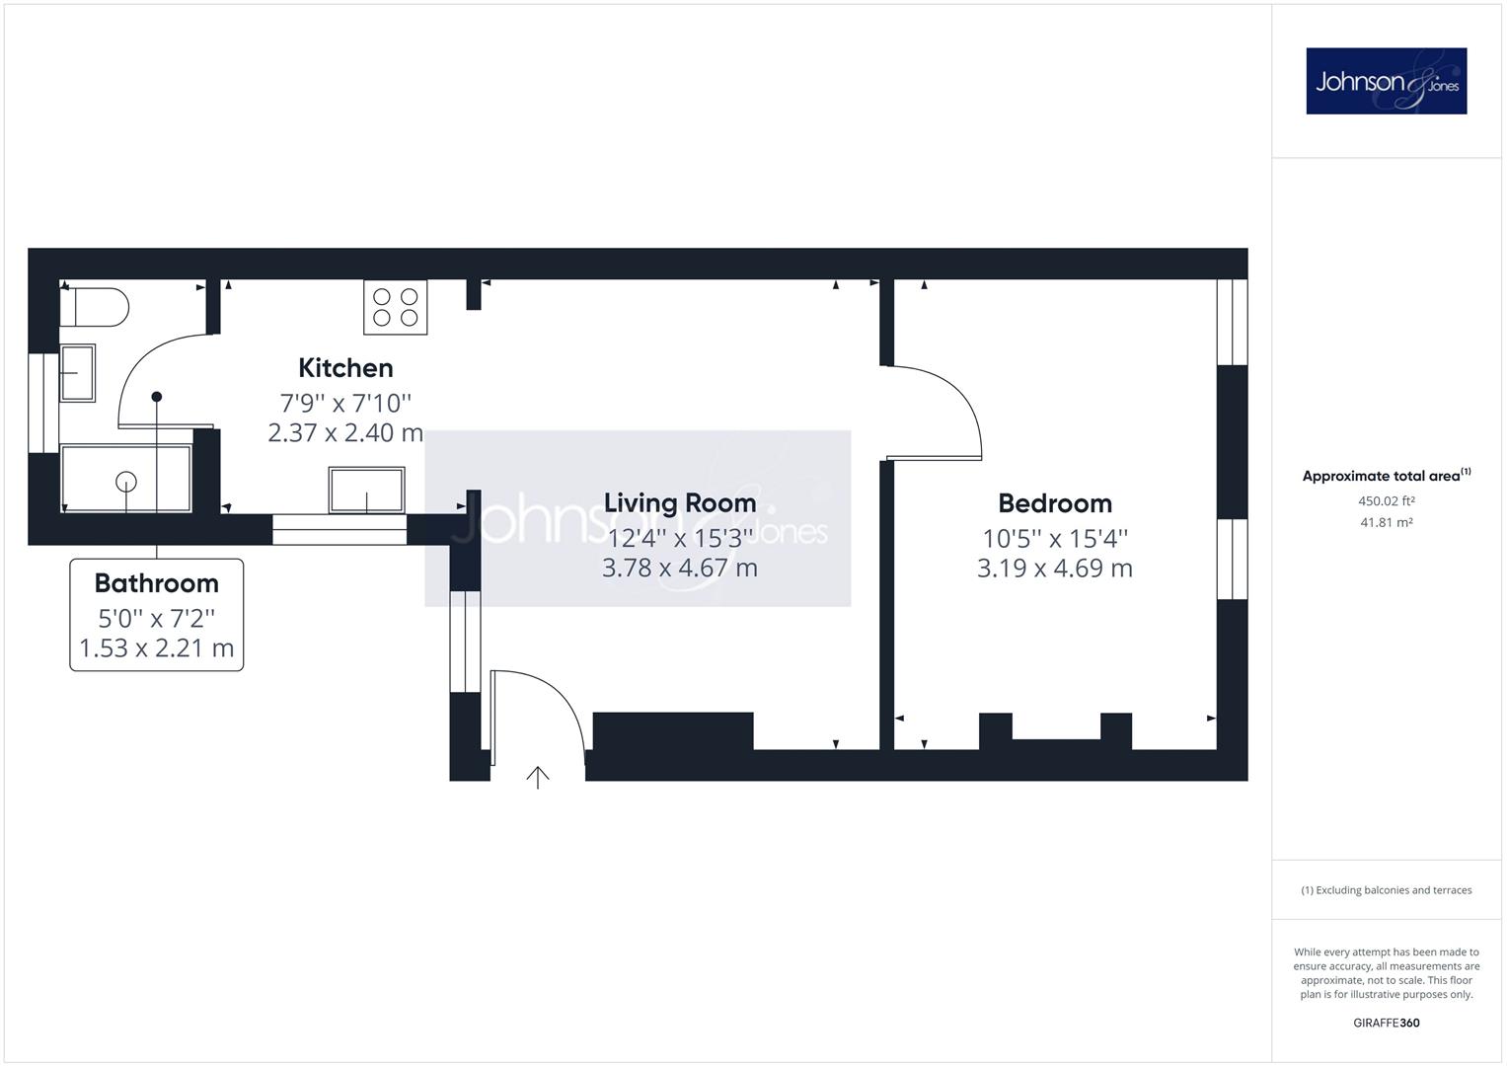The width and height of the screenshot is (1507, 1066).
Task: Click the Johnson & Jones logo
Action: click(1386, 81)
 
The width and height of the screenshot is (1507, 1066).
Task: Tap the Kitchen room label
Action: click(345, 368)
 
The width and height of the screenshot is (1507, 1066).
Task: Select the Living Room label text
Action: click(680, 503)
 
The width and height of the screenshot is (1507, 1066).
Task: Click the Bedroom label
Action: click(1055, 503)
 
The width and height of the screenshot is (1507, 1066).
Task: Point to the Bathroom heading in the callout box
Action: click(157, 583)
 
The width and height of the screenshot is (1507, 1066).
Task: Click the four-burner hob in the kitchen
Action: click(396, 307)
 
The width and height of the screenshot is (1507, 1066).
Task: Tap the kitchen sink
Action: click(367, 490)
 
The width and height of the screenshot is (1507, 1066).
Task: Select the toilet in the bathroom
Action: click(94, 308)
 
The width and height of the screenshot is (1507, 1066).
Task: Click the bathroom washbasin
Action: click(77, 373)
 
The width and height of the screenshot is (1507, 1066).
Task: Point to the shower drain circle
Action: click(126, 482)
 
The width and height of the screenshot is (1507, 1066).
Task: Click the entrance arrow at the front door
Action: click(538, 778)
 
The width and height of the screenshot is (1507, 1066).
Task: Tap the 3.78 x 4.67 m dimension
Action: click(680, 568)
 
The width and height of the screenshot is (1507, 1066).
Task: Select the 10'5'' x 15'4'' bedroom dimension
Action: click(1055, 538)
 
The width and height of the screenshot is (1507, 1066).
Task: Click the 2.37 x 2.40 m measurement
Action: click(345, 432)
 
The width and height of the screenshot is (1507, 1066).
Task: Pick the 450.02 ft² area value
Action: click(1386, 500)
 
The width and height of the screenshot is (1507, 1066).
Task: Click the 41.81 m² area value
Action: click(1386, 522)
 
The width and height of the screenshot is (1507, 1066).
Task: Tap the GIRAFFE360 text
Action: click(1386, 1023)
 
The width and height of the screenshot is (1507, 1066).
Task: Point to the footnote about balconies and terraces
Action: click(1386, 890)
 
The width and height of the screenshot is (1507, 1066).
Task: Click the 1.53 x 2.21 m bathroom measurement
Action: click(157, 648)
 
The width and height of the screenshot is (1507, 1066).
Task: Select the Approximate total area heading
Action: click(1386, 475)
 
